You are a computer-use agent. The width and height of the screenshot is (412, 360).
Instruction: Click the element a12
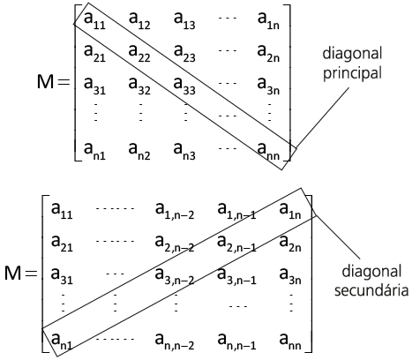click(x=139, y=20)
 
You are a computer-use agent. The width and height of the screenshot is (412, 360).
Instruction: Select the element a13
click(x=184, y=20)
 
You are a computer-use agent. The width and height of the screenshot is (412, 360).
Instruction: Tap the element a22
click(x=139, y=53)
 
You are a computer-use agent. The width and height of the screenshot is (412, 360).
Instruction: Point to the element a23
click(x=184, y=53)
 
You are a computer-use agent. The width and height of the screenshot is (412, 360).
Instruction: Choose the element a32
click(x=139, y=86)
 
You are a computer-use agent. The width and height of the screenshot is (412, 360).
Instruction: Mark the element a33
click(x=184, y=86)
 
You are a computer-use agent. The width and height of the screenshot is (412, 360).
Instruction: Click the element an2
click(x=139, y=151)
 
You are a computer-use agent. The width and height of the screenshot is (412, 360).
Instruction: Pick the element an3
click(x=184, y=151)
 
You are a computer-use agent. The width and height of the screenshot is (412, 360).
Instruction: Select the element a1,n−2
click(x=175, y=211)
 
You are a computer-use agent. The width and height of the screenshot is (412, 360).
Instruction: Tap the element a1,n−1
click(x=236, y=211)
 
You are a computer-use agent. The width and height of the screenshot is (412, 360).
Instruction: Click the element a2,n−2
click(x=175, y=244)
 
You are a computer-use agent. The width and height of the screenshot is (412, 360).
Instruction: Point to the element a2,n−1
click(x=236, y=244)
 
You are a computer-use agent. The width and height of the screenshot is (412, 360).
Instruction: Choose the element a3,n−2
click(x=175, y=276)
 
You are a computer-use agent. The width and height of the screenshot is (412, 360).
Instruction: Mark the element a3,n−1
click(x=236, y=276)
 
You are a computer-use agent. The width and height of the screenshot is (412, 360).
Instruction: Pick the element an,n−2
click(x=175, y=341)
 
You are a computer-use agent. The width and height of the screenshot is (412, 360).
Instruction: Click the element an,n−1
click(x=236, y=341)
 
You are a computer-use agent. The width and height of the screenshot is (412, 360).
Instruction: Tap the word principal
click(x=352, y=72)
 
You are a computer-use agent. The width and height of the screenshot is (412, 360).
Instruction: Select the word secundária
click(x=371, y=290)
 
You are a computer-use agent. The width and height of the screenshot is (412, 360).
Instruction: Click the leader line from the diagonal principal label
click(x=323, y=116)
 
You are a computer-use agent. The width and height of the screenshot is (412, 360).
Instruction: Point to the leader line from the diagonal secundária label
click(x=338, y=237)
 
